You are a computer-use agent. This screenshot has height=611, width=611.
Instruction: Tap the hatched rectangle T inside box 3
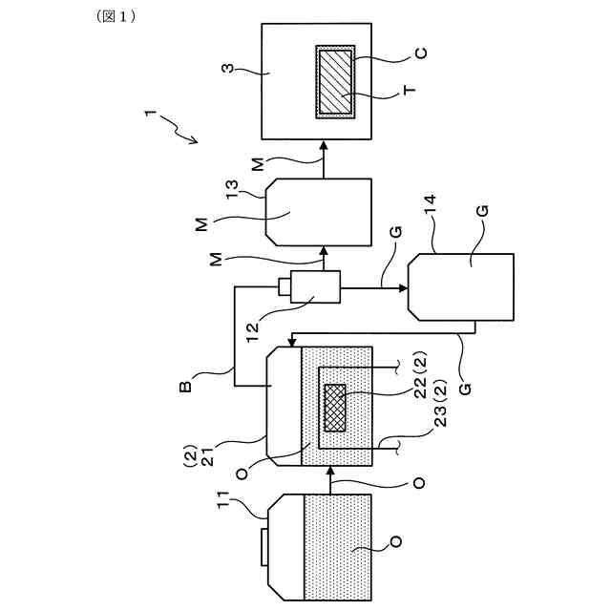pyautogui.click(x=335, y=82)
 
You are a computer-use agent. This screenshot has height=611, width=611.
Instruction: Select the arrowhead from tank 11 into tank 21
pyautogui.click(x=331, y=470)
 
